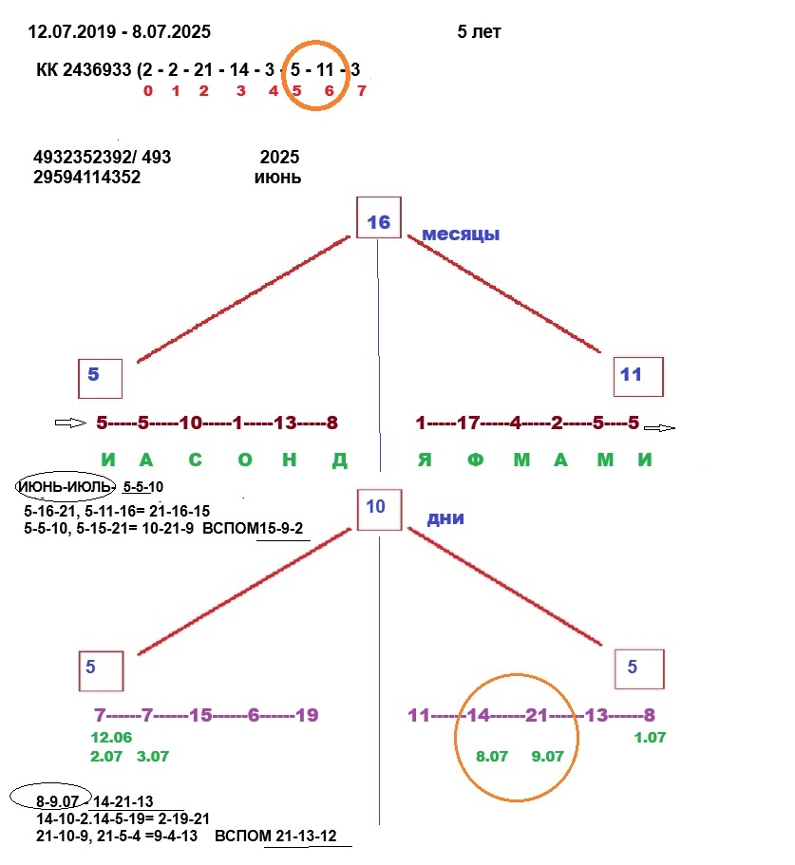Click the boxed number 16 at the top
(x=378, y=222)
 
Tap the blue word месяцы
(x=461, y=234)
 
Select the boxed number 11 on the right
(x=632, y=374)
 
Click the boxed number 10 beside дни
(x=376, y=506)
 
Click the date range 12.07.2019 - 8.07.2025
(x=120, y=32)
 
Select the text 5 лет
(x=479, y=32)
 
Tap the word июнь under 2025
(x=278, y=177)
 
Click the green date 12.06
(x=111, y=738)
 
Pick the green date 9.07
(x=548, y=758)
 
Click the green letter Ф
(x=476, y=461)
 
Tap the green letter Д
(x=339, y=461)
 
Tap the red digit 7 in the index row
(x=361, y=91)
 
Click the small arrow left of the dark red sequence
(x=70, y=423)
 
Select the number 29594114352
(x=86, y=177)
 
